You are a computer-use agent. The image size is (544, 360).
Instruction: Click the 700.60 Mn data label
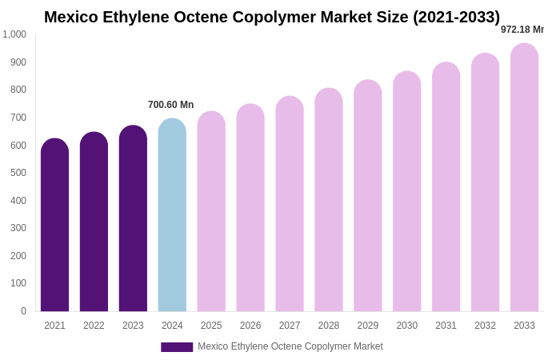pos(170,105)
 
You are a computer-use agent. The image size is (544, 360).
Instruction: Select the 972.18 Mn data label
pos(522,30)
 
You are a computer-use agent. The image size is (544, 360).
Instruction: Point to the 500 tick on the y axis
pos(18,173)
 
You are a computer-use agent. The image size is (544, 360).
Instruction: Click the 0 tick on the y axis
pos(23,311)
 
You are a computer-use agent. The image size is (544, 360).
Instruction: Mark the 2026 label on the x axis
pos(250,326)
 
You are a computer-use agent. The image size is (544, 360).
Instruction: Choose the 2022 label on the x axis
pos(94,326)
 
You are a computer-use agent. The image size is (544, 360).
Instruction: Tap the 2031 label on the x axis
pos(446,326)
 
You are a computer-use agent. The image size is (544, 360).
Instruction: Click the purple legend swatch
pos(177,347)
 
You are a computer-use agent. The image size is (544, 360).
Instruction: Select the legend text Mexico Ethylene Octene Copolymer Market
pos(290,346)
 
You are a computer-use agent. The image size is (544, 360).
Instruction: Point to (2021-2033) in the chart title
pos(456,17)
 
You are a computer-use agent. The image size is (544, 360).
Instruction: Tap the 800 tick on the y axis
pos(18,90)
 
